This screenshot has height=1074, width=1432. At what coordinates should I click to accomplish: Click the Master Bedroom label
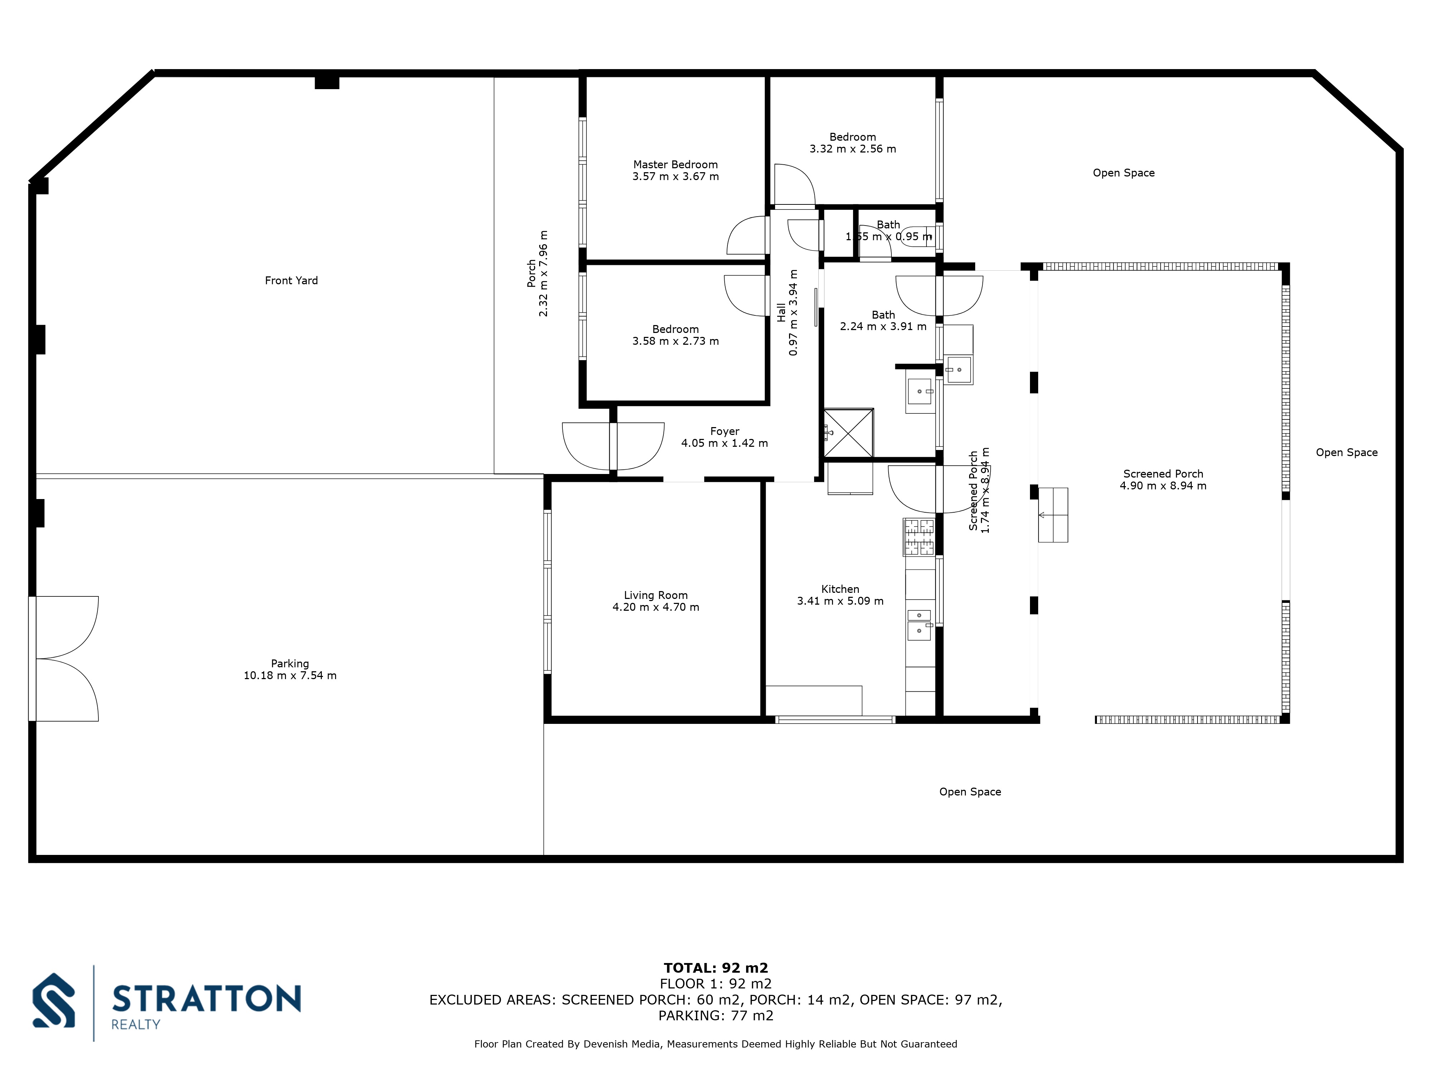[x=675, y=164]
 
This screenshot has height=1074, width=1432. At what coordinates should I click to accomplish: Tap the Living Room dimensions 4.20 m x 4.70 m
[x=656, y=607]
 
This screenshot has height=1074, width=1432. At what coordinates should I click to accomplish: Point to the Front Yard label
[x=291, y=280]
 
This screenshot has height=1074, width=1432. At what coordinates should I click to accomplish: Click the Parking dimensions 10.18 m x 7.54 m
[x=290, y=675]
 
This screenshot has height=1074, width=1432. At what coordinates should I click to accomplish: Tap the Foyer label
[x=725, y=431]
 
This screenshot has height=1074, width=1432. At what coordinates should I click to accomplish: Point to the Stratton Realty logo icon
[x=54, y=1000]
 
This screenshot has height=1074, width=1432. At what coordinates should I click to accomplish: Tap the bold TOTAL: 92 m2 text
[x=715, y=968]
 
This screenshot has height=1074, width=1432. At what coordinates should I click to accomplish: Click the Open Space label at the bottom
[x=970, y=792]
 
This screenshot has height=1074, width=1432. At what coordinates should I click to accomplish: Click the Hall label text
[x=782, y=312]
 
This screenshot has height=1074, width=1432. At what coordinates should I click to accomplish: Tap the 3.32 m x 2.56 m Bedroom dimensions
[x=853, y=149]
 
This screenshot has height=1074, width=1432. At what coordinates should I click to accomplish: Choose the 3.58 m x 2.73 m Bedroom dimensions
[x=675, y=341]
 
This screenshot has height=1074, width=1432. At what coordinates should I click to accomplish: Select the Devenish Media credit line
[x=715, y=1044]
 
